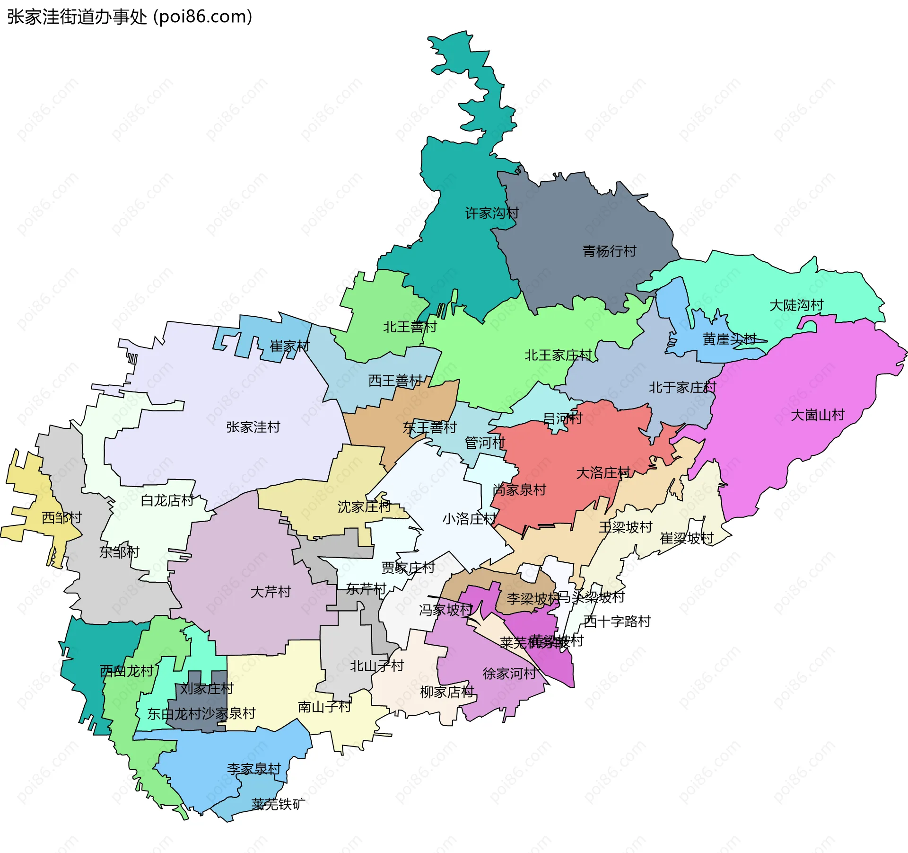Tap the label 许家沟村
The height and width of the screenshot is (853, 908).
[x=492, y=213]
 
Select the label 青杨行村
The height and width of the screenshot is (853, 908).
[x=609, y=251]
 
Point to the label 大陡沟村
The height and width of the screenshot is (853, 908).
[x=796, y=305]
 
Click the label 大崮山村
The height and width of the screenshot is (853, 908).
[x=818, y=415]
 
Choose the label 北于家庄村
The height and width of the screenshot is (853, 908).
[x=682, y=388]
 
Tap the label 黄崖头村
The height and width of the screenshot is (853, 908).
[x=729, y=339]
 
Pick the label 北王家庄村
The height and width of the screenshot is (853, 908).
[x=558, y=355]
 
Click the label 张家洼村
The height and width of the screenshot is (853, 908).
[x=253, y=427]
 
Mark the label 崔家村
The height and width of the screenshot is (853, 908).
[x=289, y=346]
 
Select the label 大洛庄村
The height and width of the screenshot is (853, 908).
[x=603, y=472]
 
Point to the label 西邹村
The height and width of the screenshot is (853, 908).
[x=61, y=517]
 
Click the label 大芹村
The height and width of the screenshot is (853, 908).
[x=271, y=592]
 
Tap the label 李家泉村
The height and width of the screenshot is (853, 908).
[x=254, y=768]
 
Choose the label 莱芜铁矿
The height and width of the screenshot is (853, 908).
[x=278, y=804]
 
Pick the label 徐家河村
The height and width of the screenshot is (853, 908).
[x=509, y=673]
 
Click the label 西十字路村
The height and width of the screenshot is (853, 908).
[x=617, y=621]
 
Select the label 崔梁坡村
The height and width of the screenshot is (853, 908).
[x=686, y=538]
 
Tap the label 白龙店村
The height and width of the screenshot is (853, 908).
[x=167, y=500]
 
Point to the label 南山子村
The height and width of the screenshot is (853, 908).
[x=324, y=707]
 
